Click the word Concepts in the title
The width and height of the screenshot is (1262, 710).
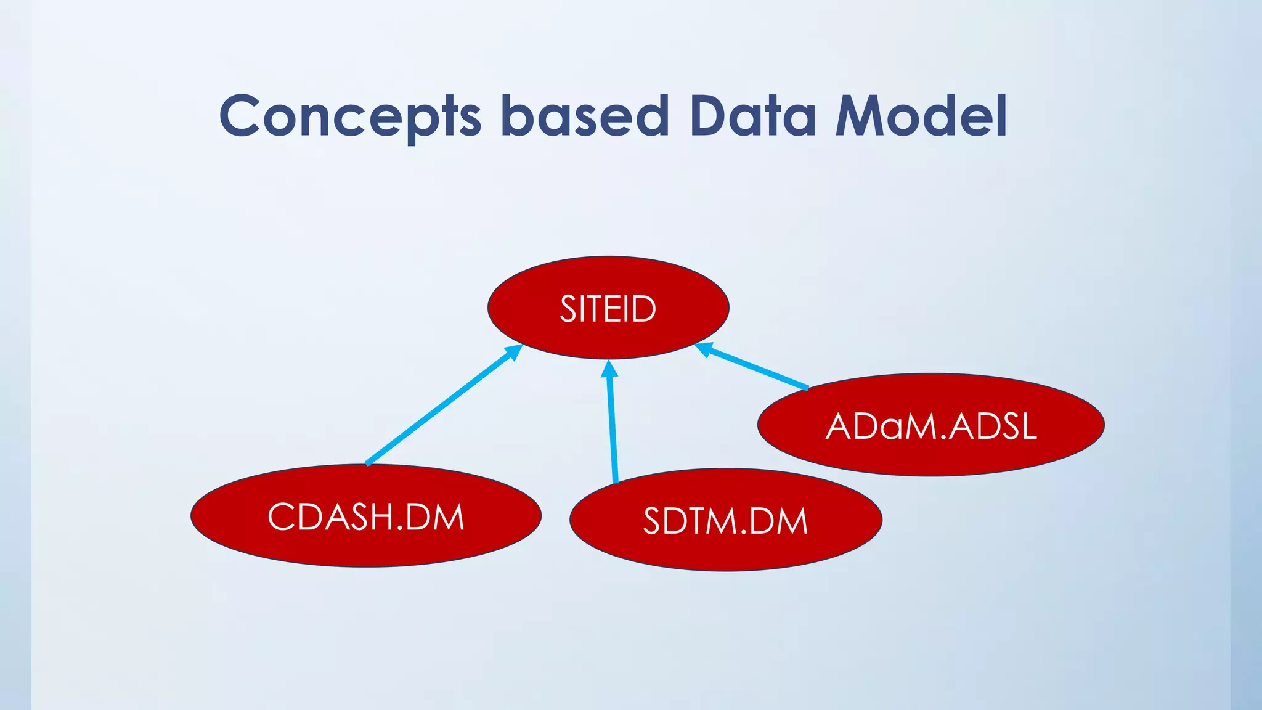pos(349,117)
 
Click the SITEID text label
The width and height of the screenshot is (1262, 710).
pos(608,309)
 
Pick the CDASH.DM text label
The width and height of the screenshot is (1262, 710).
pos(366,516)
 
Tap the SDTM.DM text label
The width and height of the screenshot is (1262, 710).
pos(725,521)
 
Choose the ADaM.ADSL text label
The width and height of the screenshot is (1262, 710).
pos(931,426)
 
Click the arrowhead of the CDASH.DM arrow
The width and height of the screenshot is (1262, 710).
pos(514,352)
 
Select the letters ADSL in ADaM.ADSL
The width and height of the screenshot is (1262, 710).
pos(993,426)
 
